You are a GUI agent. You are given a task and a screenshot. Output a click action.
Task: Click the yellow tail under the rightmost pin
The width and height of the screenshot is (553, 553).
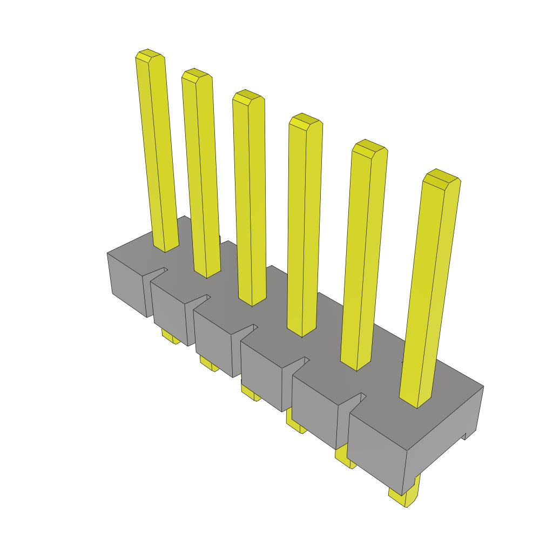point(404,496)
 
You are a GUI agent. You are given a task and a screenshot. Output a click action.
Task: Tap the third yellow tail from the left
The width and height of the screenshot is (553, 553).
point(249,393)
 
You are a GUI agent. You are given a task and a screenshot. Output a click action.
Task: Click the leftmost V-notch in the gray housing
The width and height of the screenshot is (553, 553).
point(159,272)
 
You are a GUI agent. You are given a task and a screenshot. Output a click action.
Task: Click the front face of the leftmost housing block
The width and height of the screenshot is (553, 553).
point(127,284)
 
